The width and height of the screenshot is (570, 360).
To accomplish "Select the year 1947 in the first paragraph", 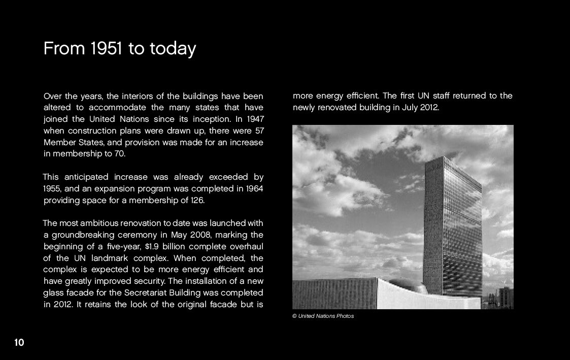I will (x=255, y=119).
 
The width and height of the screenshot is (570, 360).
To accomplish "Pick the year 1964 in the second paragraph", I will (x=254, y=188).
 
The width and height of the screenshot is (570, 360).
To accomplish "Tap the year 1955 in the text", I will (x=52, y=188).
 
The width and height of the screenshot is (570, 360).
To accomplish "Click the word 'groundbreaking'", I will (x=79, y=235).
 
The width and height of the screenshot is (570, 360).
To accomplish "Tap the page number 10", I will (x=19, y=343).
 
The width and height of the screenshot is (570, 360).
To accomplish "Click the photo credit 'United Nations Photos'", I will (x=326, y=316).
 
